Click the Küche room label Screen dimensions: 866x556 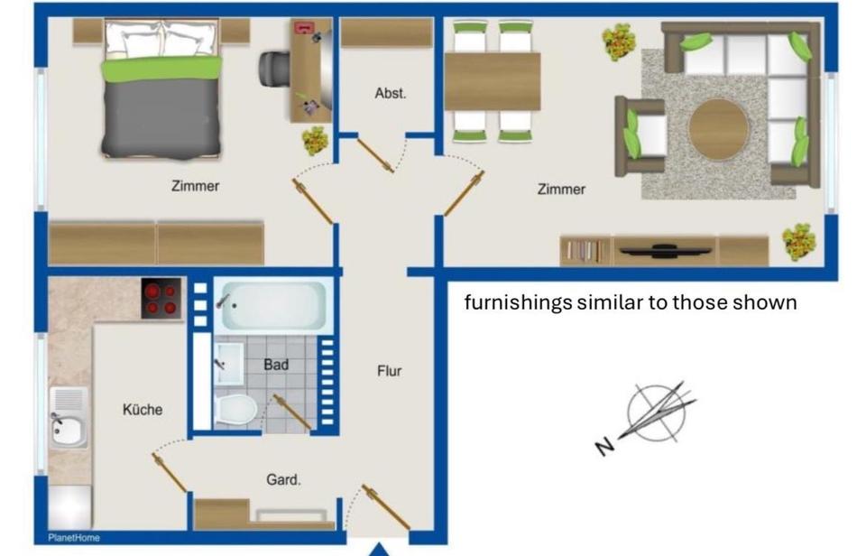(x=143, y=410)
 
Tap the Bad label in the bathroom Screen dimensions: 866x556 (x=276, y=365)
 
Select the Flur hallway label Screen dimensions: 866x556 (x=389, y=371)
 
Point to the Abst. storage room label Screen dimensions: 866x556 (x=391, y=93)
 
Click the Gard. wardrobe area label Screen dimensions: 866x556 (x=283, y=480)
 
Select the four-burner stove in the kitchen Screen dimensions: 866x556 (x=161, y=299)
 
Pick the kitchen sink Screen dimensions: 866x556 (x=69, y=416)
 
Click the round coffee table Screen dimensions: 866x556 (x=718, y=129)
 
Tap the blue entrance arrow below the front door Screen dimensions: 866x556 (x=381, y=549)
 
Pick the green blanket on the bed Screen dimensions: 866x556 (x=161, y=68)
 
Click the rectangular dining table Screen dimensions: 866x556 (x=492, y=81)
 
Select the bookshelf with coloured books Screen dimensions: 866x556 (x=585, y=251)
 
